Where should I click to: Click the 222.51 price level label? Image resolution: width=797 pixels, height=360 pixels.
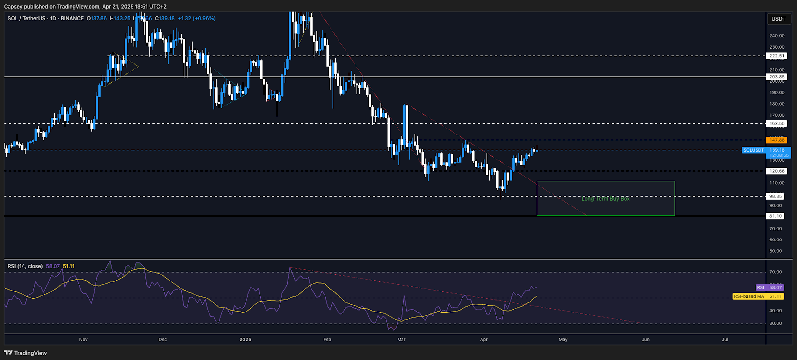pyautogui.click(x=777, y=56)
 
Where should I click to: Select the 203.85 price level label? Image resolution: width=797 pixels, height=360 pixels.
pyautogui.click(x=777, y=77)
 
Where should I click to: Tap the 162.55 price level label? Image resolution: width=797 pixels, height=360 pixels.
pyautogui.click(x=777, y=123)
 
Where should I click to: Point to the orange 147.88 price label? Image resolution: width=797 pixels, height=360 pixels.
pyautogui.click(x=777, y=140)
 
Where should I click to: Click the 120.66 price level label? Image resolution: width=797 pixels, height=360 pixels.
pyautogui.click(x=777, y=171)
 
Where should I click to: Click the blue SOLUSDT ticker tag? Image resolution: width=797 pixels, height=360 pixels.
pyautogui.click(x=753, y=150)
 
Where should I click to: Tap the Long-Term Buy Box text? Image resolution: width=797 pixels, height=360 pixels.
pyautogui.click(x=605, y=199)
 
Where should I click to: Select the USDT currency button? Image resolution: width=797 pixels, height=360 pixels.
pyautogui.click(x=778, y=19)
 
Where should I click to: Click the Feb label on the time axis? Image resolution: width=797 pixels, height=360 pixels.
pyautogui.click(x=327, y=340)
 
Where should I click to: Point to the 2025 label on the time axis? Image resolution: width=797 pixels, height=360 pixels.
pyautogui.click(x=245, y=340)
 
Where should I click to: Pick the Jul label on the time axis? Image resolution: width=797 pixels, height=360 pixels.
pyautogui.click(x=725, y=340)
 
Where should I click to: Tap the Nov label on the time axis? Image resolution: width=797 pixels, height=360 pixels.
pyautogui.click(x=83, y=340)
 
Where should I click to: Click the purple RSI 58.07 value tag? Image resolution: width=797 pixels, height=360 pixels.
pyautogui.click(x=770, y=288)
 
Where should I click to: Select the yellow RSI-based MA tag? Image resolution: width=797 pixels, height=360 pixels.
pyautogui.click(x=758, y=296)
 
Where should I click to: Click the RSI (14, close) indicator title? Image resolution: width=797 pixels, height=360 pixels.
pyautogui.click(x=25, y=266)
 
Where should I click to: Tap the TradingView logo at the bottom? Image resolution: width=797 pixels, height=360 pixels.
pyautogui.click(x=26, y=353)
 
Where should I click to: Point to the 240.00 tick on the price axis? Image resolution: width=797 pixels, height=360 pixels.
pyautogui.click(x=777, y=36)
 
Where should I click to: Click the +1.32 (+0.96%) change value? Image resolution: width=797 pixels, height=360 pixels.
pyautogui.click(x=197, y=18)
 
